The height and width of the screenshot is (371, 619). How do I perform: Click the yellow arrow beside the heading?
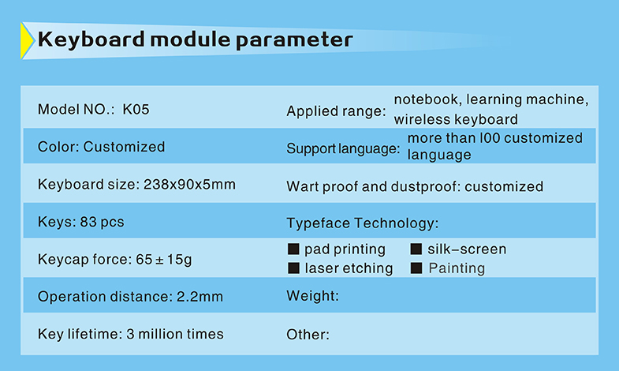point(26,41)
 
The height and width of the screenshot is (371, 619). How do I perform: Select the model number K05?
point(136,110)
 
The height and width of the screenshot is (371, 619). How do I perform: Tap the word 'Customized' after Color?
point(124,147)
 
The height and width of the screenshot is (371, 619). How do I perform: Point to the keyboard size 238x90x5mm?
point(189,185)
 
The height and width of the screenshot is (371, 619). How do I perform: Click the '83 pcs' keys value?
point(102,222)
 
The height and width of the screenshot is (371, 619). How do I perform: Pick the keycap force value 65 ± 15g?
point(164,260)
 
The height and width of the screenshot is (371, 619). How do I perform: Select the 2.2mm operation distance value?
point(199,296)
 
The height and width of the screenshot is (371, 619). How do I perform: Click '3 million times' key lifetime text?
point(175,334)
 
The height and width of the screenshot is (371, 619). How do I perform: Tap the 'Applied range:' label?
point(336,111)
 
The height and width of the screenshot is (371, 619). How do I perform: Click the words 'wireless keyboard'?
point(456,119)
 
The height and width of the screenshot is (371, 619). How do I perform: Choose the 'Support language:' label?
point(343,149)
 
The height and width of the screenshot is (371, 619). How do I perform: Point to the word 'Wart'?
point(302,186)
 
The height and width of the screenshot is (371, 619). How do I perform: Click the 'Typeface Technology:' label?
point(363,223)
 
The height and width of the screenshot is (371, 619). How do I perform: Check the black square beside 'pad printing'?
point(293,249)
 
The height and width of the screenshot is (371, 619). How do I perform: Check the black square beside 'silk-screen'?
point(416,249)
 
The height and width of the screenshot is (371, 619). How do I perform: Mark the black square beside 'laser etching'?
point(293,268)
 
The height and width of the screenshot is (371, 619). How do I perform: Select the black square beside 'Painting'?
point(416,268)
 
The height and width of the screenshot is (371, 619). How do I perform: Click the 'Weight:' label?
point(313,296)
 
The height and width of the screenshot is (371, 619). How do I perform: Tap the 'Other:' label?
point(308,335)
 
